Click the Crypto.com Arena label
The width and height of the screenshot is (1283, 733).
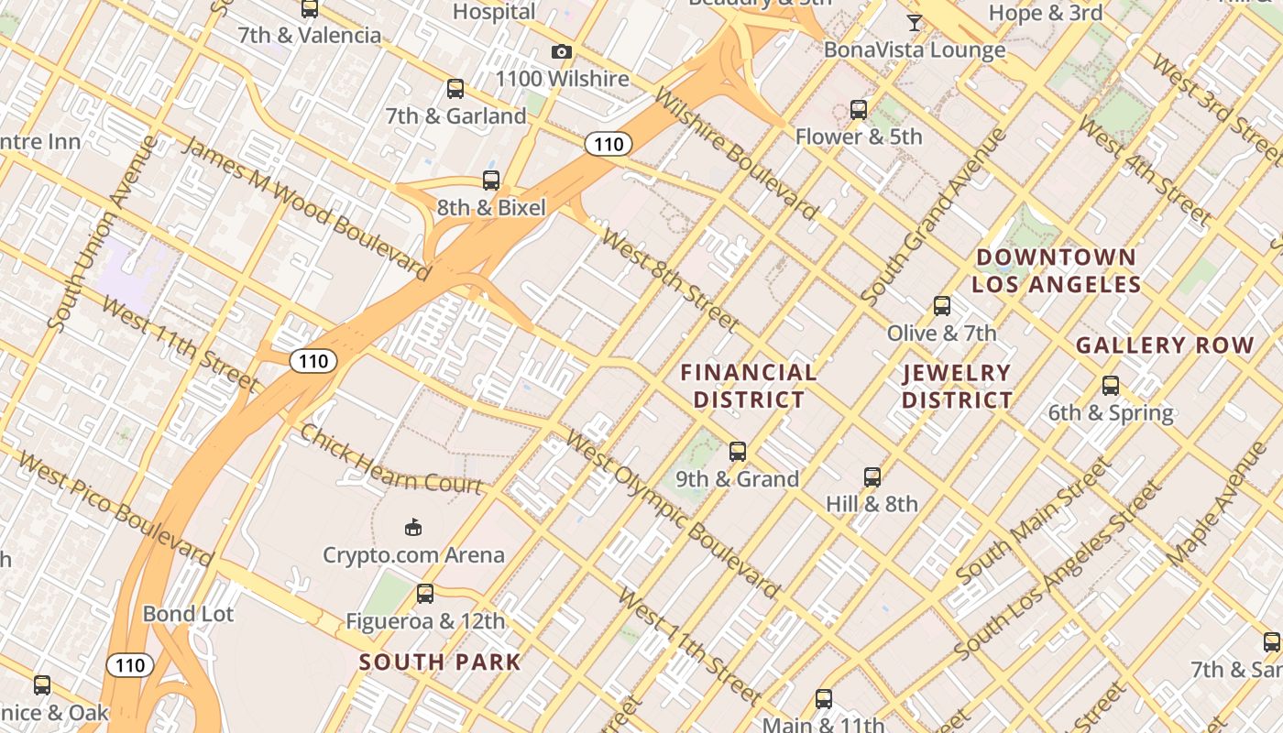coord(413,554)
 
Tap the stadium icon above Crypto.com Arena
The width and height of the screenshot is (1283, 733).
coord(413,527)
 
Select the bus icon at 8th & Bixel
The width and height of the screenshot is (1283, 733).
coord(491,181)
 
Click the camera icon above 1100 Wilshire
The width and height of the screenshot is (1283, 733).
coord(562,52)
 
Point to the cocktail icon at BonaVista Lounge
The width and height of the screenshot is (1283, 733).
coord(914,22)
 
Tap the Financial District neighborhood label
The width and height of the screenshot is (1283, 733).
coord(749,386)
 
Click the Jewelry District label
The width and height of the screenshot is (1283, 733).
coord(957,386)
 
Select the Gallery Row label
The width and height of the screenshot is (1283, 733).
coord(1164,345)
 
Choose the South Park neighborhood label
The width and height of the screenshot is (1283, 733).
coord(440,662)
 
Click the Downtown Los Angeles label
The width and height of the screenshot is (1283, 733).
coord(1056,270)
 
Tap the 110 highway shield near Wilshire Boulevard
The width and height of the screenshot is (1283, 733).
coord(609,143)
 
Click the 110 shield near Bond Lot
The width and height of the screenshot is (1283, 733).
coord(129,665)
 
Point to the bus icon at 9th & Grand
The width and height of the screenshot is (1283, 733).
coord(738,451)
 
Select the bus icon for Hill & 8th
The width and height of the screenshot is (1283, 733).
coord(872,476)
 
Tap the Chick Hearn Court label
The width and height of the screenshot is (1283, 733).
coord(391,459)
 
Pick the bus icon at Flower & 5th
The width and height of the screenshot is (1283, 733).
coord(859,110)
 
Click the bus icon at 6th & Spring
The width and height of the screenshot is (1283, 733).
coord(1111,386)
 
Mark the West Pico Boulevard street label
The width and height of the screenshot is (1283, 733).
coord(115,508)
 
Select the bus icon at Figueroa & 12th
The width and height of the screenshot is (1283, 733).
coord(425,594)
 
